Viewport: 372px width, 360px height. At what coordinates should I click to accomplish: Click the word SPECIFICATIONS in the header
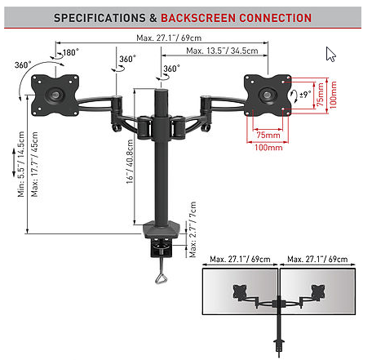[x=100, y=18]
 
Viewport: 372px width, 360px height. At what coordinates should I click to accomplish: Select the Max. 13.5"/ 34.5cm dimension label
[x=222, y=51]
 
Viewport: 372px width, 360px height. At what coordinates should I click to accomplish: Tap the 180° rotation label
[x=71, y=52]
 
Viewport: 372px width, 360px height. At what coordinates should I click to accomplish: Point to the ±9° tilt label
[x=305, y=95]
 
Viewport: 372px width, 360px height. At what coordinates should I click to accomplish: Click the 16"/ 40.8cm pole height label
[x=130, y=162]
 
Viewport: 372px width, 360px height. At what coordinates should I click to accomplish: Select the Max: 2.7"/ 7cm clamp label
[x=193, y=229]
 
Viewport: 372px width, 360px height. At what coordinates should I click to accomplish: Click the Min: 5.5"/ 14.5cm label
[x=21, y=164]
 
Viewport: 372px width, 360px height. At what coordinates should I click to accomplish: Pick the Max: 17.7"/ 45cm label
[x=34, y=164]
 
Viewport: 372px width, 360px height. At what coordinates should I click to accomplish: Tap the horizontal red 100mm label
[x=268, y=148]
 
